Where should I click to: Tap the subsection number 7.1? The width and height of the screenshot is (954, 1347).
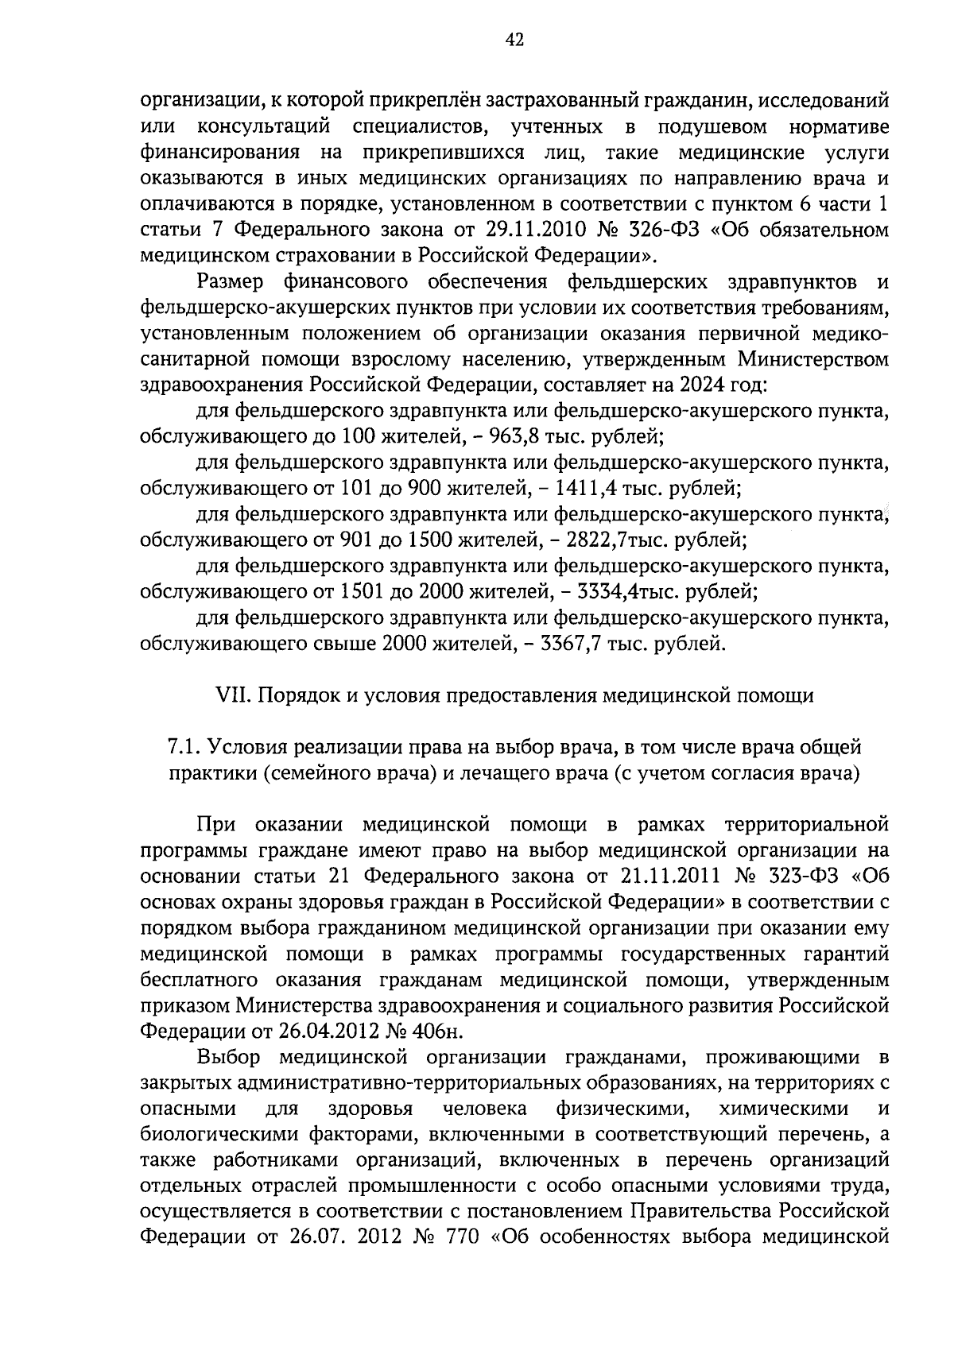point(184,747)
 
